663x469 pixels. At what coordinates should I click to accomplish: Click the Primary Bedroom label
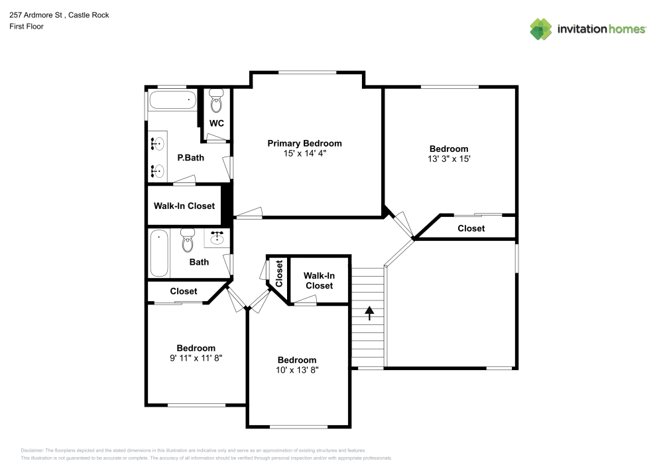pyautogui.click(x=304, y=143)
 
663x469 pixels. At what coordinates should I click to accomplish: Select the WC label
pyautogui.click(x=216, y=123)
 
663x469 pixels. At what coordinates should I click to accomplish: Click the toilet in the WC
pyautogui.click(x=216, y=103)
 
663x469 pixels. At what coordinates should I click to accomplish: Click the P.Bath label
pyautogui.click(x=190, y=158)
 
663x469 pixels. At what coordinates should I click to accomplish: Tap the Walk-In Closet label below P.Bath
pyautogui.click(x=184, y=206)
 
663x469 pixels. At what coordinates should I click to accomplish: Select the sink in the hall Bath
pyautogui.click(x=218, y=236)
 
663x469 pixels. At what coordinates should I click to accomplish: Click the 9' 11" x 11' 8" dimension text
pyautogui.click(x=196, y=358)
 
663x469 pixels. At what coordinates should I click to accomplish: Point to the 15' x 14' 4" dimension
pyautogui.click(x=304, y=153)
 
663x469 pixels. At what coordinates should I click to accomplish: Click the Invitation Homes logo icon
pyautogui.click(x=540, y=29)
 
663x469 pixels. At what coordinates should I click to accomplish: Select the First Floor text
pyautogui.click(x=27, y=27)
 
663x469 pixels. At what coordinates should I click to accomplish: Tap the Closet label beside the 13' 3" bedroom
pyautogui.click(x=471, y=228)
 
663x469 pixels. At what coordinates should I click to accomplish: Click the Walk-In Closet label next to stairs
pyautogui.click(x=319, y=281)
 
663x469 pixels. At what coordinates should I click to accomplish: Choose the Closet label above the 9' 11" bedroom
pyautogui.click(x=184, y=291)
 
